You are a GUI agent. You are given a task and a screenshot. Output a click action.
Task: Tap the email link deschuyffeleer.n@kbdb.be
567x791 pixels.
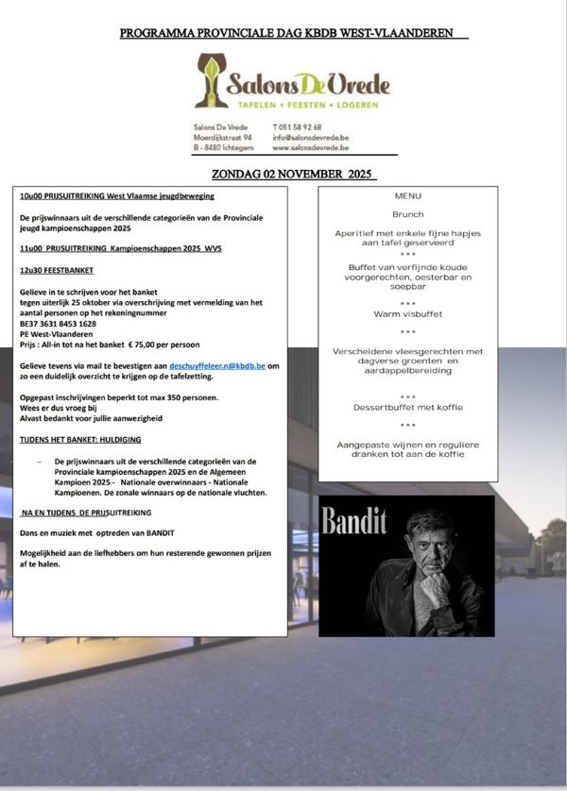pyautogui.click(x=217, y=364)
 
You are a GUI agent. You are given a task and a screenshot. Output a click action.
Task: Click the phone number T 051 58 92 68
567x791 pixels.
pyautogui.click(x=297, y=126)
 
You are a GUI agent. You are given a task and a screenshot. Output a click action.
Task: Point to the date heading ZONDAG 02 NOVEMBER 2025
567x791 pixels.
pyautogui.click(x=292, y=175)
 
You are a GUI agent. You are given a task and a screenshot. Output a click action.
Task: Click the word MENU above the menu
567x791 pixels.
pyautogui.click(x=408, y=196)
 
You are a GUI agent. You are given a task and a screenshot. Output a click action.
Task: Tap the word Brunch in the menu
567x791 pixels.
pyautogui.click(x=408, y=214)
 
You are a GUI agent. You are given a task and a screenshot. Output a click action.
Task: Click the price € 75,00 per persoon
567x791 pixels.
pyautogui.click(x=162, y=345)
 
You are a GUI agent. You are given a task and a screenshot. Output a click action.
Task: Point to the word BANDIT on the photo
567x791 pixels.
pyautogui.click(x=355, y=521)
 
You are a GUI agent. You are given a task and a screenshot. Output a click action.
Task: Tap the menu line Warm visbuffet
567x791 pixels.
pyautogui.click(x=408, y=313)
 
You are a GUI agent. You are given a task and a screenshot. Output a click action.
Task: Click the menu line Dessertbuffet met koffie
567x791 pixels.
pyautogui.click(x=408, y=407)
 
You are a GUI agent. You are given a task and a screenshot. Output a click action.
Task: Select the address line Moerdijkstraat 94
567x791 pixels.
pyautogui.click(x=222, y=138)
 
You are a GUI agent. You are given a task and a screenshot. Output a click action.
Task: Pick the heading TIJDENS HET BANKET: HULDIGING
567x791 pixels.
pyautogui.click(x=80, y=439)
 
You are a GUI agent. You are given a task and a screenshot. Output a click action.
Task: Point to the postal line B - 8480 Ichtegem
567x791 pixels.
pyautogui.click(x=224, y=148)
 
